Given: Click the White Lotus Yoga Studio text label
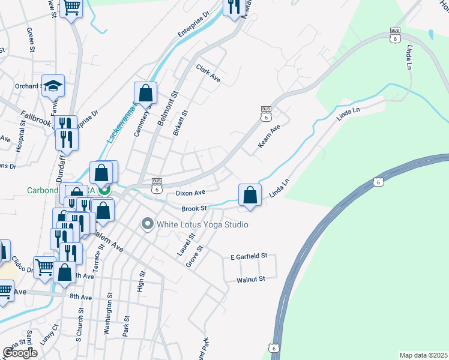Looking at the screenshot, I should click(x=202, y=225).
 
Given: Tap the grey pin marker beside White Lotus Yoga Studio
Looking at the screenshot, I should click(x=147, y=224).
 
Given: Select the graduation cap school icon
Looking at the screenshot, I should click(x=53, y=86).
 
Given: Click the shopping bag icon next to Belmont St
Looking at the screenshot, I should click(x=145, y=93).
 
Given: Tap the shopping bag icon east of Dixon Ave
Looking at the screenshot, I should click(x=250, y=195).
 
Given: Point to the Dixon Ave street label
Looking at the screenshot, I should click(x=190, y=193).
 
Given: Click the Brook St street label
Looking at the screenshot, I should click(x=194, y=208).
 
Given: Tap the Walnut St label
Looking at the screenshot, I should click(x=250, y=279).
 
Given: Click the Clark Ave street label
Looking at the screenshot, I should click(x=209, y=73).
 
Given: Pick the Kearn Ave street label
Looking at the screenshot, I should click(x=269, y=137).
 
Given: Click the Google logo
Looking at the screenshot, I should click(x=20, y=353).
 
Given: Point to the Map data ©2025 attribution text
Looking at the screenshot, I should click(x=423, y=355).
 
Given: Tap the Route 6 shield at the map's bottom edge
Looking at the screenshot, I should click(x=274, y=348).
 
